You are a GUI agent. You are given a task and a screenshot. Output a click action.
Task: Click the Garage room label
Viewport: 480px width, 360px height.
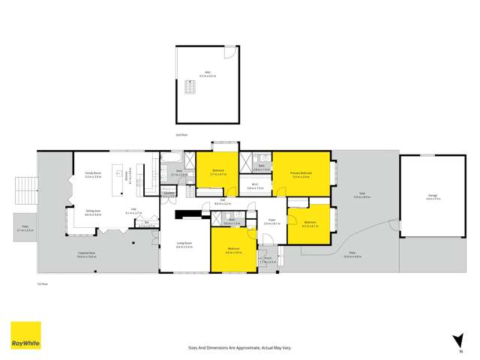click(x=433, y=197)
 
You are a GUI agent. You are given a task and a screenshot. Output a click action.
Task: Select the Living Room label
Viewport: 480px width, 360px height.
click(x=184, y=244)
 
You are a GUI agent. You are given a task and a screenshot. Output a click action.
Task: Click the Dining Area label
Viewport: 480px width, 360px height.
click(x=94, y=212)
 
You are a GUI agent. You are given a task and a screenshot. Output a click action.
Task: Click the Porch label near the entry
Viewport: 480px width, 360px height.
click(x=268, y=260)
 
